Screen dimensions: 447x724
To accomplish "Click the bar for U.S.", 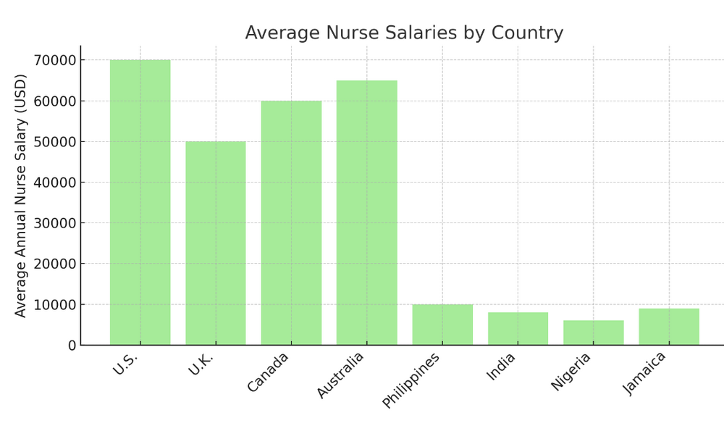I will point(140,202).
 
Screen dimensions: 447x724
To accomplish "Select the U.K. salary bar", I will point(215,243).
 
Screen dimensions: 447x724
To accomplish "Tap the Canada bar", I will point(291,222).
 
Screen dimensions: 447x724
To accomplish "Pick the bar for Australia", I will point(366,212).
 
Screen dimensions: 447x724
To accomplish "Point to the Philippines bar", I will point(442,325).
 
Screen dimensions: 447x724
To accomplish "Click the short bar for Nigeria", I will point(593,333).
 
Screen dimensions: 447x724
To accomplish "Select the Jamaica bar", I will point(669,327).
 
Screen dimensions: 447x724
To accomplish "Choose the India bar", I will point(518,328).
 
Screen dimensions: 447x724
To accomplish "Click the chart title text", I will point(403,33).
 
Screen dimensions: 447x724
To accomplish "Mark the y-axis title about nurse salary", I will point(21,196).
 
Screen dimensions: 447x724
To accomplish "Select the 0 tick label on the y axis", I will point(72,346).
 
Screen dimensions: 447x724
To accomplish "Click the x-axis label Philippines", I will point(412,380).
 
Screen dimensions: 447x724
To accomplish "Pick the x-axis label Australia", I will point(340,375).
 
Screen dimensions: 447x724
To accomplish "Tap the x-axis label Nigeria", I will point(571,371).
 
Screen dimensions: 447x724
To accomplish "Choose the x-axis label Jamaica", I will point(645,372).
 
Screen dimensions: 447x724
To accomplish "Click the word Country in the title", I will point(527,33).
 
